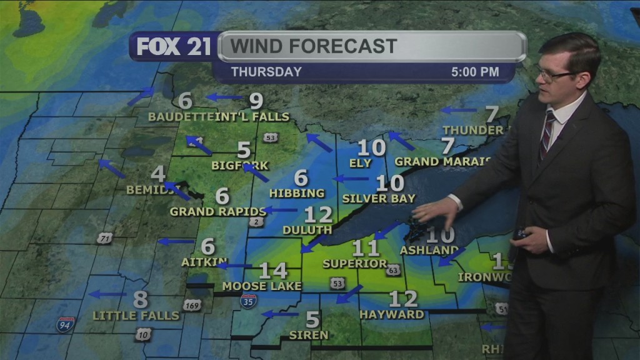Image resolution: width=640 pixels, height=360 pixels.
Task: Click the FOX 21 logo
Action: (x=174, y=47)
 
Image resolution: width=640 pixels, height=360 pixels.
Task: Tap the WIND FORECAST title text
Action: (x=314, y=46)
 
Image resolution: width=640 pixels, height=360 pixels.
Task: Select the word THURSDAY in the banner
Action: (x=266, y=72)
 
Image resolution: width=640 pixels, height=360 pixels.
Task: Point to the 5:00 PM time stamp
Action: (x=475, y=72)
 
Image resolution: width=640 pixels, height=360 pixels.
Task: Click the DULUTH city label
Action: (x=306, y=230)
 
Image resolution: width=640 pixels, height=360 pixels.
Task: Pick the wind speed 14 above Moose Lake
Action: (x=273, y=271)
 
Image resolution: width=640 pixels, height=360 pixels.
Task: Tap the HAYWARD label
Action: (x=392, y=314)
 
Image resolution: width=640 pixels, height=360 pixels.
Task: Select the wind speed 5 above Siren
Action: (x=312, y=320)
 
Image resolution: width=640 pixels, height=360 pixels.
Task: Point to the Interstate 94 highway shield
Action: (x=66, y=324)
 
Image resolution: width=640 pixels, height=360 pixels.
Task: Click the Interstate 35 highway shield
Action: (x=247, y=301)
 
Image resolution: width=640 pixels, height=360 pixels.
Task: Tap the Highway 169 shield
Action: (x=192, y=305)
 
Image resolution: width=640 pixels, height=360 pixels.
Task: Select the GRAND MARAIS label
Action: (x=443, y=161)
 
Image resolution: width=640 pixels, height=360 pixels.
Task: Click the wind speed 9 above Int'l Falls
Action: (x=256, y=100)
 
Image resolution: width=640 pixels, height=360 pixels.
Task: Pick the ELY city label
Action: (x=361, y=163)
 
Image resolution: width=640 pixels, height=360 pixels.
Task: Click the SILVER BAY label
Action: (x=379, y=199)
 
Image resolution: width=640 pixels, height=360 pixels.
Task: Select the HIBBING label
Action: (x=297, y=193)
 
